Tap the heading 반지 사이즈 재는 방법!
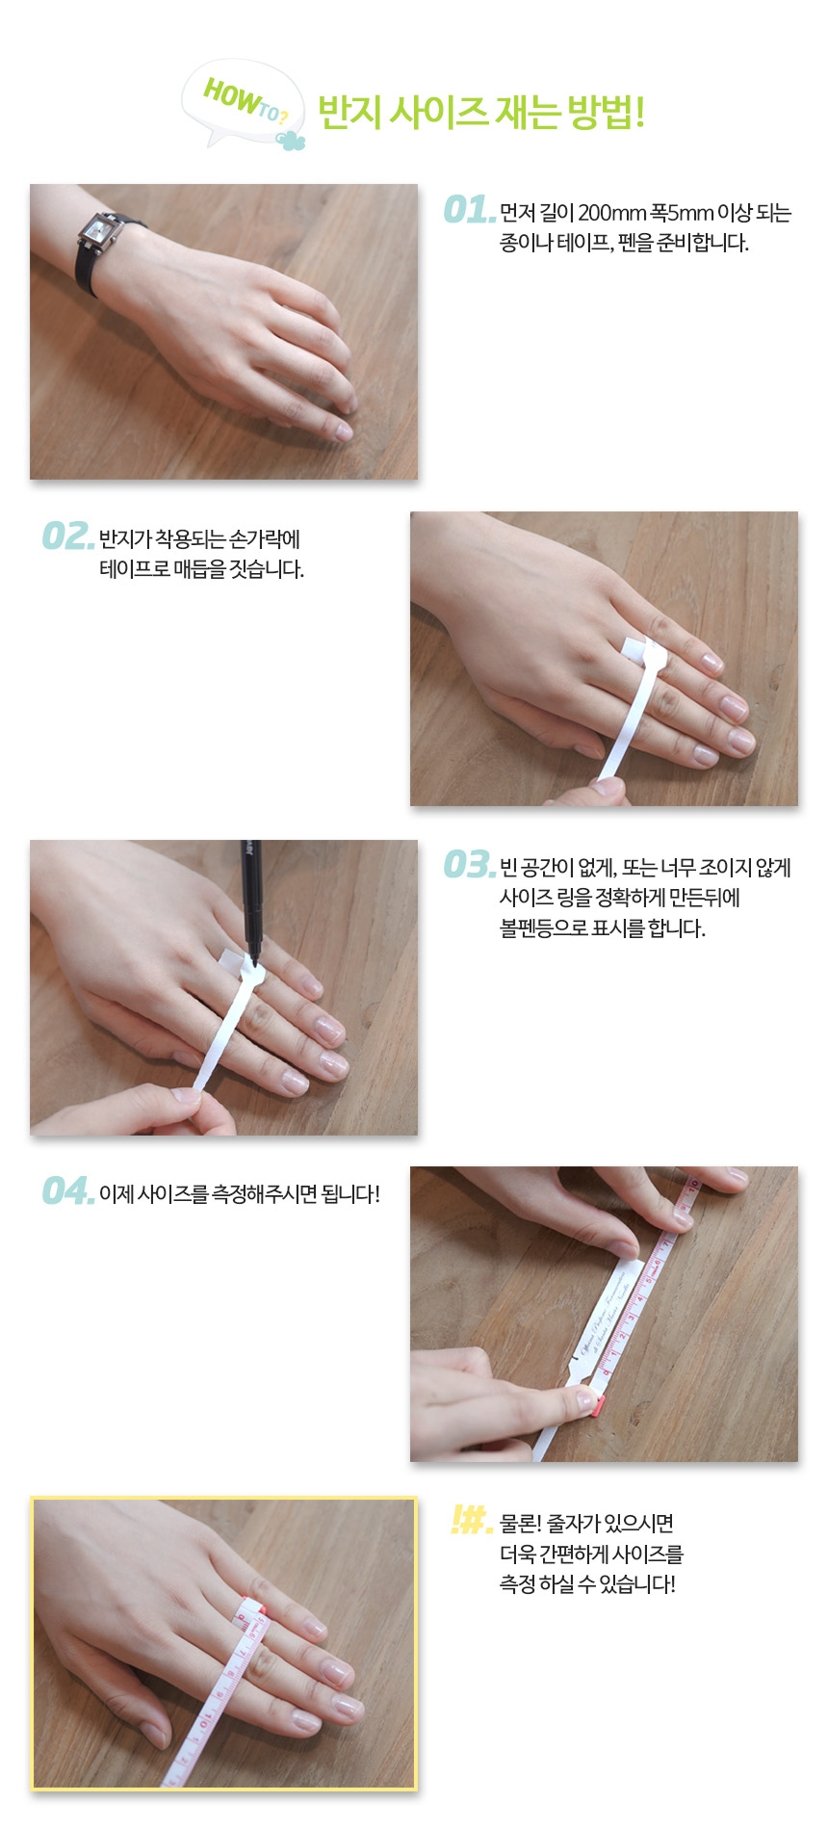click(480, 113)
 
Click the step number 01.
click(469, 210)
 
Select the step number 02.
click(67, 536)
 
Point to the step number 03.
click(469, 865)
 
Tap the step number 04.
click(67, 1191)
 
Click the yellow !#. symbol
click(471, 1521)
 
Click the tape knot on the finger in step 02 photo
click(645, 655)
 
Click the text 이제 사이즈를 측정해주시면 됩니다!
click(240, 1194)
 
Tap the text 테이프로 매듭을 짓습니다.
click(201, 569)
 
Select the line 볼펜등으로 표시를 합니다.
click(603, 928)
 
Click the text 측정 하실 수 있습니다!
click(587, 1584)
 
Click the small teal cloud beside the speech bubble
click(291, 140)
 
